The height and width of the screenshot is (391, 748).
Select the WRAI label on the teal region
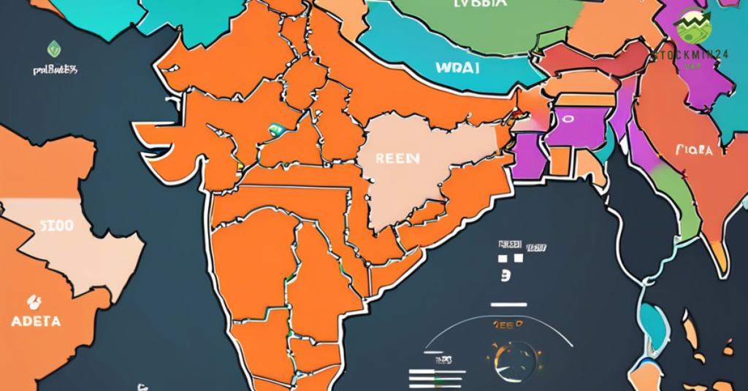coord(457,69)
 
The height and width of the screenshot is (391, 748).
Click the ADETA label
coord(36,320)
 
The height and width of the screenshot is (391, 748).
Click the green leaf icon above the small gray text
coord(54,49)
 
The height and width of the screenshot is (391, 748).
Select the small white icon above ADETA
coord(33,301)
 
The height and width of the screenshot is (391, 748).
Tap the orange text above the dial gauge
coord(508,325)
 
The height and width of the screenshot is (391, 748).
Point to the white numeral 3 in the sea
coord(505,276)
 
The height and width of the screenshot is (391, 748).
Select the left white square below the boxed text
coord(503,258)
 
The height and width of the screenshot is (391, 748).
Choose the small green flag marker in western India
coord(276,130)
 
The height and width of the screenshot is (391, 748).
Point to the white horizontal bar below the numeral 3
coord(508,304)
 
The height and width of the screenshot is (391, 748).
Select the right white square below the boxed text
coord(519,258)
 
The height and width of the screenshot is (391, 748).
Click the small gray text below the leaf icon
coord(55,70)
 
